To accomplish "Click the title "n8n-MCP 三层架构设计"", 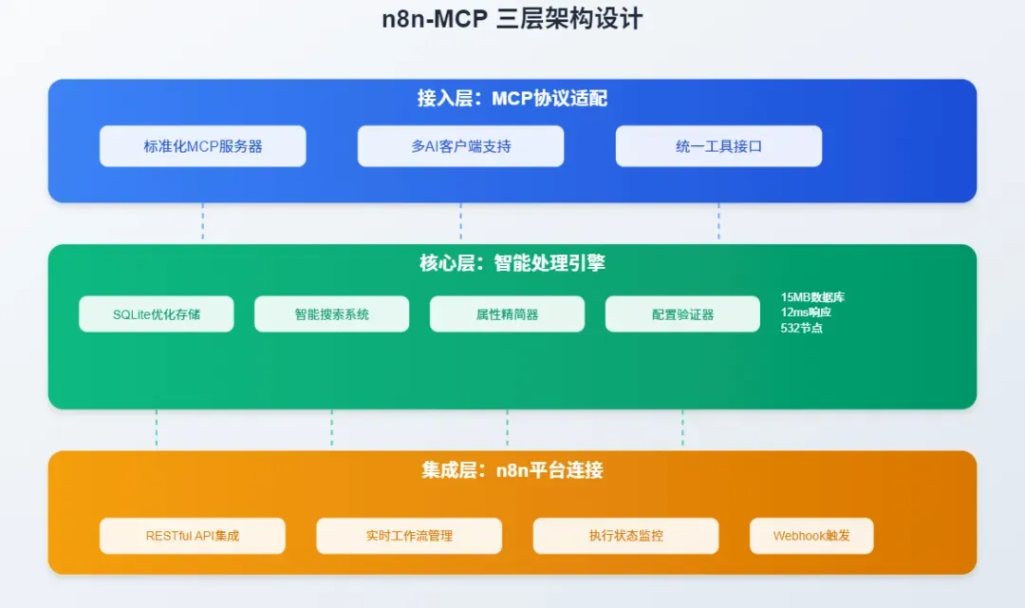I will pyautogui.click(x=512, y=19).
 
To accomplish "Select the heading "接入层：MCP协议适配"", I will pyautogui.click(x=512, y=98).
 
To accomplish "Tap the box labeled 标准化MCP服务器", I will pyautogui.click(x=203, y=146).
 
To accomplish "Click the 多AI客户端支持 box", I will pyautogui.click(x=460, y=146).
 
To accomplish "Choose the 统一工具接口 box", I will pyautogui.click(x=718, y=146).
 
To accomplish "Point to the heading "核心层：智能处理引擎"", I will pyautogui.click(x=512, y=263).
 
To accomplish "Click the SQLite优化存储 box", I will pyautogui.click(x=157, y=314).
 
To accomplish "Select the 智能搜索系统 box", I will pyautogui.click(x=331, y=314).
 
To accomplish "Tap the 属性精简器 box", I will pyautogui.click(x=507, y=314).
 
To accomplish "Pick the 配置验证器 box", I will pyautogui.click(x=682, y=314).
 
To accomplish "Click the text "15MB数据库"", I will pyautogui.click(x=812, y=297).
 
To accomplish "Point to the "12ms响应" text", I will pyautogui.click(x=806, y=313).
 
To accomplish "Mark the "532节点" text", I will pyautogui.click(x=802, y=328).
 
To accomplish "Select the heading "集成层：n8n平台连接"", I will pyautogui.click(x=512, y=470).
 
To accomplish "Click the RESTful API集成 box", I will pyautogui.click(x=193, y=536).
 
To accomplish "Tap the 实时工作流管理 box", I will pyautogui.click(x=409, y=536).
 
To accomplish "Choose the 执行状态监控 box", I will pyautogui.click(x=625, y=536).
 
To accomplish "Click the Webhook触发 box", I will pyautogui.click(x=811, y=536).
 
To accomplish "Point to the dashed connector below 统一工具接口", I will pyautogui.click(x=718, y=223).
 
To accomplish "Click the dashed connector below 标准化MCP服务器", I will pyautogui.click(x=203, y=223).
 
